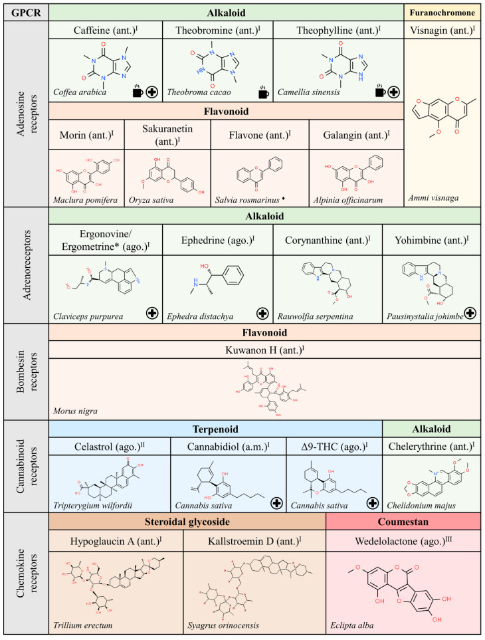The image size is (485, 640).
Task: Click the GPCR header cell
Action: click(x=25, y=11)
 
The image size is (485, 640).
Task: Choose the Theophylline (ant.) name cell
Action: click(x=339, y=30)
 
